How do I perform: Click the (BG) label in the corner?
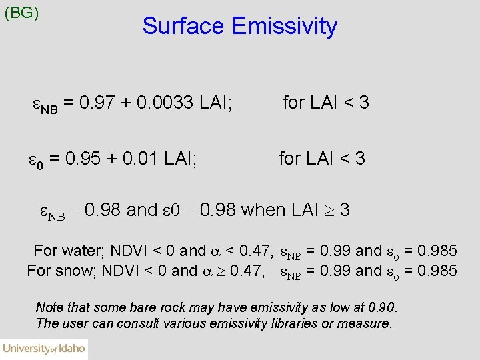pos(21,13)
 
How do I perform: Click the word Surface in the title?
pos(183,27)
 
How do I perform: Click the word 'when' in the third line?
pos(264,211)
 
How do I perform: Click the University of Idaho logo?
pos(44,349)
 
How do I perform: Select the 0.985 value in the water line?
pos(437,251)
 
